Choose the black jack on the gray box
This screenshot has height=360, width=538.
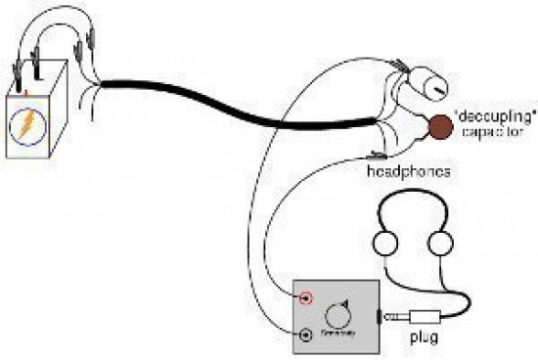pyautogui.click(x=307, y=336)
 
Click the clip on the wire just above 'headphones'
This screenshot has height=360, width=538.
pyautogui.click(x=377, y=154)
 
